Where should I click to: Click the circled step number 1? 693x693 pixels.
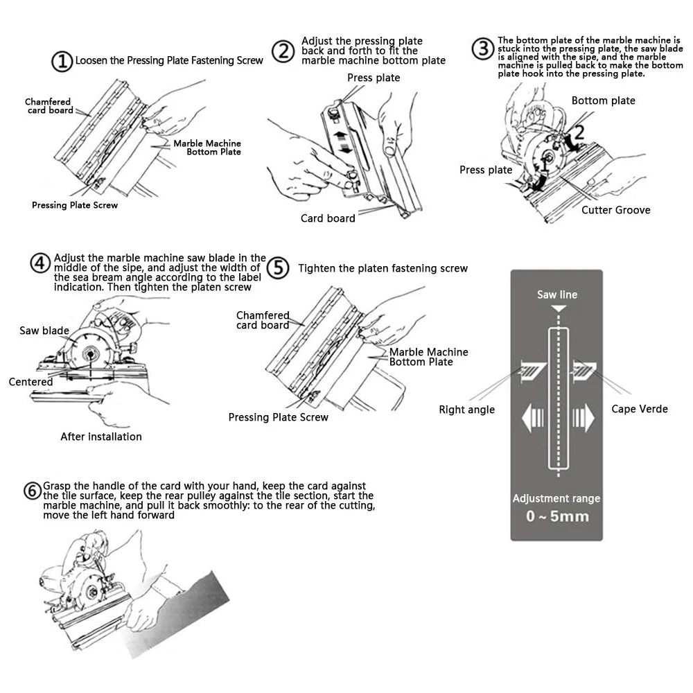tap(62, 61)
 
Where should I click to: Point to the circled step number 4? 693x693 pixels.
tap(40, 264)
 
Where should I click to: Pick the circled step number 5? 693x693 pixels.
tap(277, 267)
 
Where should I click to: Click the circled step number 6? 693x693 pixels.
tap(32, 491)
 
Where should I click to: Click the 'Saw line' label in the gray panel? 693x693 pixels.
tap(556, 295)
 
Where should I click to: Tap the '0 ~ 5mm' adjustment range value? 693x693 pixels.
tap(556, 516)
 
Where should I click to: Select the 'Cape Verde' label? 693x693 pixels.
tap(639, 409)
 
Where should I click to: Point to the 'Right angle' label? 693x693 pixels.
tap(466, 410)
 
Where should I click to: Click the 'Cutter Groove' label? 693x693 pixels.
tap(615, 210)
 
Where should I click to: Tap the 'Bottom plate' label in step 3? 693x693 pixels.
tap(603, 100)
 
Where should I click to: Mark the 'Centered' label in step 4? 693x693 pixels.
tap(30, 382)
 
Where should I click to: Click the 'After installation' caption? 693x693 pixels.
tap(100, 437)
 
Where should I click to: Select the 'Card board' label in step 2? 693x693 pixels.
tap(327, 218)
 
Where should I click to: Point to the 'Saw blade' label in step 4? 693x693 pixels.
tap(44, 331)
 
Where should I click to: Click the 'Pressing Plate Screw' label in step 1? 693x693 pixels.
tap(75, 205)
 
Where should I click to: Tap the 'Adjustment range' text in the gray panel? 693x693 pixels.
tap(556, 498)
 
